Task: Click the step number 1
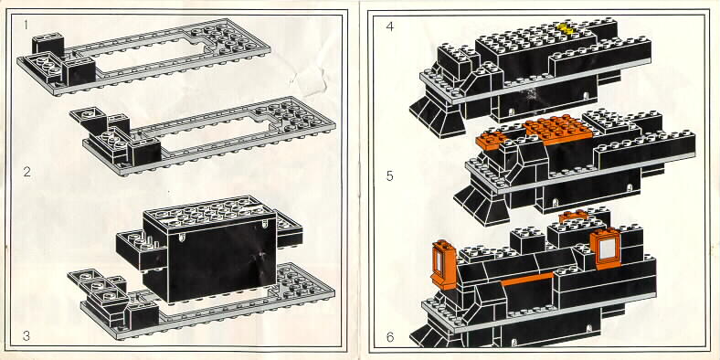pos(26,25)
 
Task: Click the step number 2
pos(27,172)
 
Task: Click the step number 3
pos(26,336)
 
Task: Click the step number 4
pos(390,26)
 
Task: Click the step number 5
pos(390,175)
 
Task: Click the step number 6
pos(390,337)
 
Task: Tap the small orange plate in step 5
pos(491,140)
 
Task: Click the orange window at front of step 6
pos(443,264)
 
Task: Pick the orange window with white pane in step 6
pos(606,248)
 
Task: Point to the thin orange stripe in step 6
pos(528,279)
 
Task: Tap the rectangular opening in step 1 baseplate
pos(147,55)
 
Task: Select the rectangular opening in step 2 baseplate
pos(215,133)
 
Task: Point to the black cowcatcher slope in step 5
pos(481,202)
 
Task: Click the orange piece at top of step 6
pos(573,216)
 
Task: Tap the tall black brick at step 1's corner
pos(48,45)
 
